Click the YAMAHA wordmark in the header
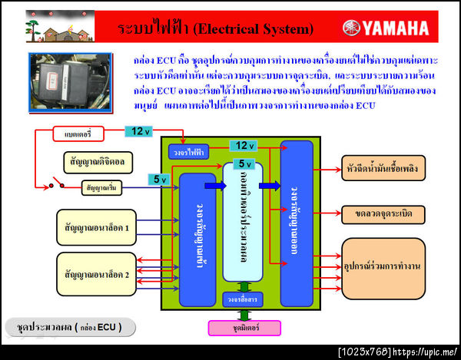[396, 29]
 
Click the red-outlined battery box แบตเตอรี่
[73, 134]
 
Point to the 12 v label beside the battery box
[136, 131]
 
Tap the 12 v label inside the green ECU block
[244, 146]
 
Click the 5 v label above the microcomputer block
[244, 163]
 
